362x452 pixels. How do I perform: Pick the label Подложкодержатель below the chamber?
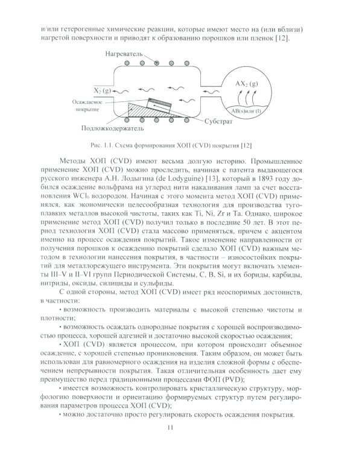(x=112, y=129)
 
